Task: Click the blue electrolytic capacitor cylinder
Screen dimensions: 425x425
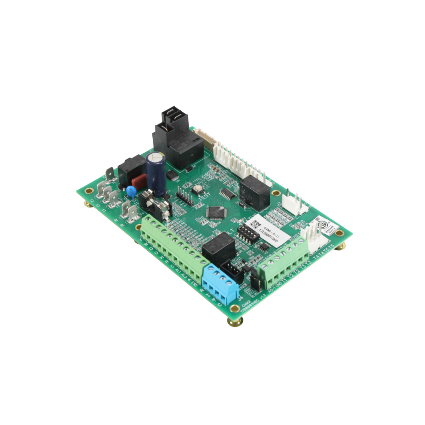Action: click(156, 173)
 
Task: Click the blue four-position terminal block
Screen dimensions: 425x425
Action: click(221, 284)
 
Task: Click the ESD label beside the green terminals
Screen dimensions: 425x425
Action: click(195, 284)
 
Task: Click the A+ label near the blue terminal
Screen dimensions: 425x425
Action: click(208, 295)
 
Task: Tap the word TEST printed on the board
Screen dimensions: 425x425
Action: click(205, 196)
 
